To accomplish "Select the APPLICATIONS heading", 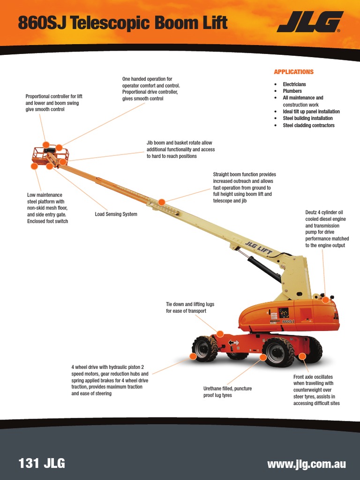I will pos(293,72).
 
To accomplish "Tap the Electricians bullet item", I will pos(294,84).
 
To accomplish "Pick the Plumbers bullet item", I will pos(292,91).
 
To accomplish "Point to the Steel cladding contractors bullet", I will pos(308,125).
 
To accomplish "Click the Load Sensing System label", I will pos(116,214).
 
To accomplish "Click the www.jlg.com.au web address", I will pos(306,464).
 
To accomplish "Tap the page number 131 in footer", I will pos(28,464).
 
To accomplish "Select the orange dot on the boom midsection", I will pos(162,202).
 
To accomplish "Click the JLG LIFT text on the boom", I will pos(258,248).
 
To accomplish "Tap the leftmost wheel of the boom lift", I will pos(205,349).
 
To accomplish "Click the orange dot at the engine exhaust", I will pos(325,300).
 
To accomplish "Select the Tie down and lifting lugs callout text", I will pos(190,307).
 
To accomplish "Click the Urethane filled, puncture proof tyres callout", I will pos(224,392).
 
